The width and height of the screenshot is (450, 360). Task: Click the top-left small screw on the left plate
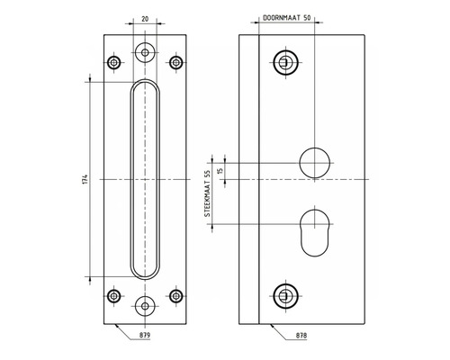[113, 62]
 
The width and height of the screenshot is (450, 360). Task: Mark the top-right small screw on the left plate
[175, 62]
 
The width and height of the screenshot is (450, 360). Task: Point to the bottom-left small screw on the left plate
[113, 294]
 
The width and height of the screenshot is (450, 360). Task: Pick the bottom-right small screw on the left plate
[175, 294]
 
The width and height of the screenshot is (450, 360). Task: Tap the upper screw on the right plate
[284, 62]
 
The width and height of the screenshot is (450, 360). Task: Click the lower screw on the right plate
[284, 294]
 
